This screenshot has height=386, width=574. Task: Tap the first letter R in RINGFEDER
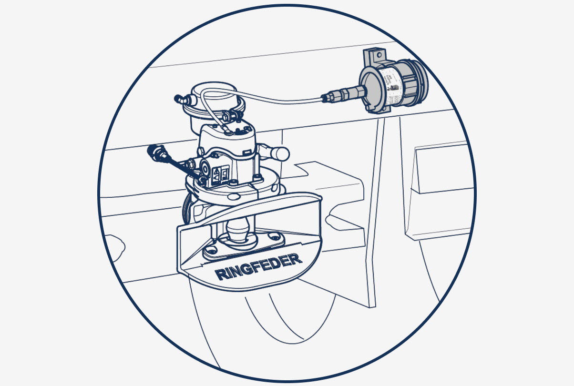[x=220, y=275]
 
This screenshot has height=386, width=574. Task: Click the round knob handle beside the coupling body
[x=280, y=153]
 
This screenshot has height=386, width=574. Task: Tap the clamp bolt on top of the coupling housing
[x=233, y=115]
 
